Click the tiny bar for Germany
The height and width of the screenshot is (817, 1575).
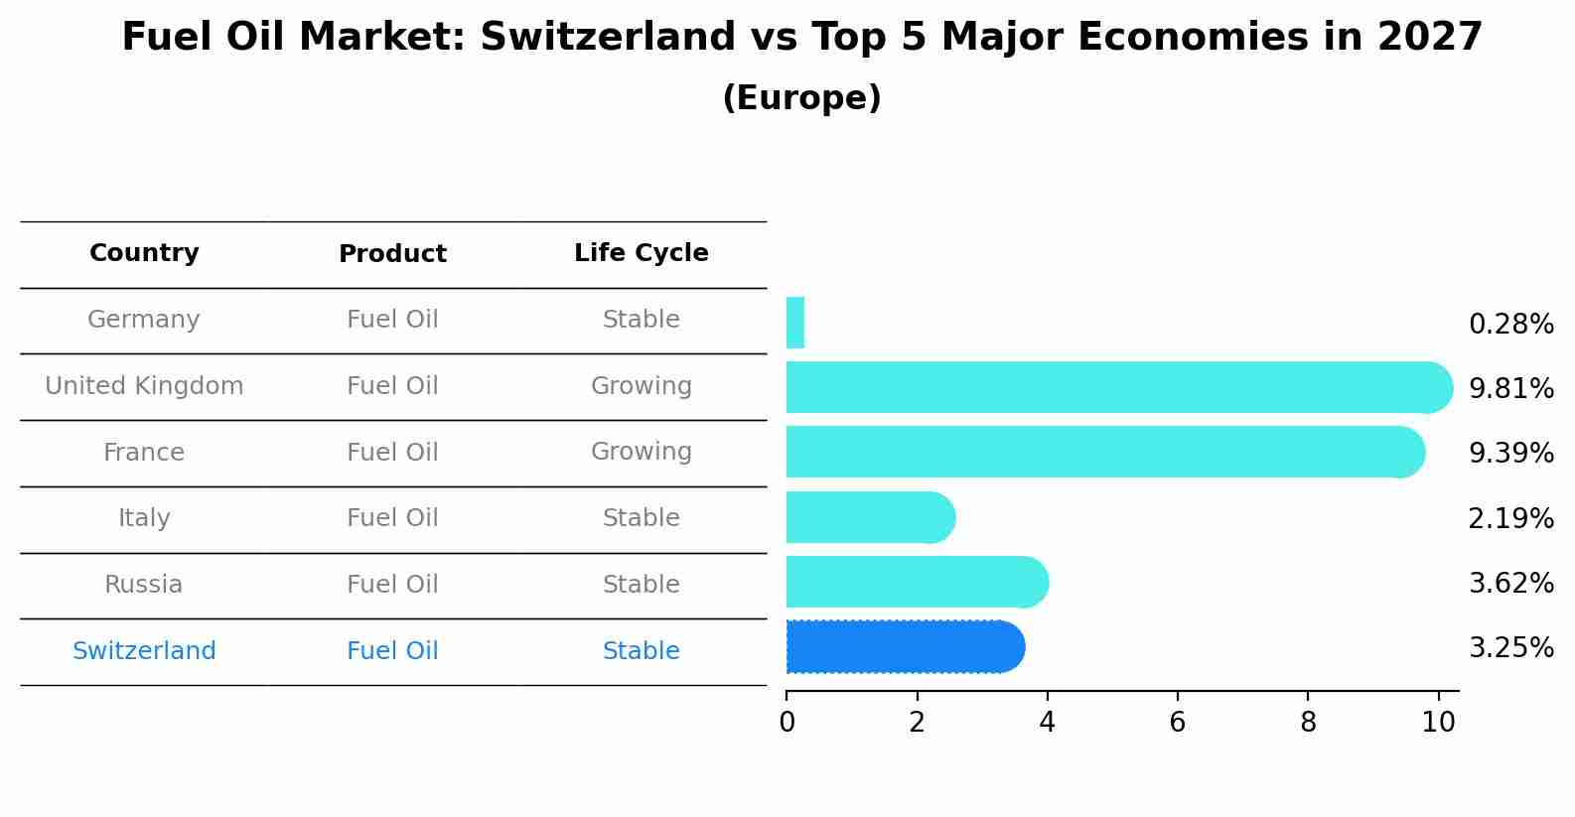pyautogui.click(x=794, y=323)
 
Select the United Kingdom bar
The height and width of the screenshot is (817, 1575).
pyautogui.click(x=1112, y=387)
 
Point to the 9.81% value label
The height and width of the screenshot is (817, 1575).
pyautogui.click(x=1510, y=388)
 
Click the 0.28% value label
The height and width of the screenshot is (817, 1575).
pyautogui.click(x=1510, y=325)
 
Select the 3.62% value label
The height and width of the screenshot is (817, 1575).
pyautogui.click(x=1510, y=583)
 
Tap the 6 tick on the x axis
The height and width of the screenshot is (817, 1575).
pyautogui.click(x=1177, y=722)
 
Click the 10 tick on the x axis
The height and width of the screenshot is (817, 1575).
pyautogui.click(x=1438, y=722)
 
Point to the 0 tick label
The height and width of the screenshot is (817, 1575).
pyautogui.click(x=787, y=722)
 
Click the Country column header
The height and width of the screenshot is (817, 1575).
pyautogui.click(x=144, y=253)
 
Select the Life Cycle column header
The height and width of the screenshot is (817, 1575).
pyautogui.click(x=641, y=253)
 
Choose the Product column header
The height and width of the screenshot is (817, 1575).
pyautogui.click(x=392, y=254)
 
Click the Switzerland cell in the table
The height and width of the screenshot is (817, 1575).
pyautogui.click(x=144, y=651)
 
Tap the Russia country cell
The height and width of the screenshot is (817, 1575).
pyautogui.click(x=144, y=585)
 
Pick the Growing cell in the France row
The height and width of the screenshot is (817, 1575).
pyautogui.click(x=641, y=452)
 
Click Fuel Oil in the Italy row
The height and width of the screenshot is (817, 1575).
pyautogui.click(x=392, y=518)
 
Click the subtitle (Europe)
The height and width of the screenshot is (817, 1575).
pyautogui.click(x=801, y=98)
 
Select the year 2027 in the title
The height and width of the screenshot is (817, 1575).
pyautogui.click(x=1429, y=38)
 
